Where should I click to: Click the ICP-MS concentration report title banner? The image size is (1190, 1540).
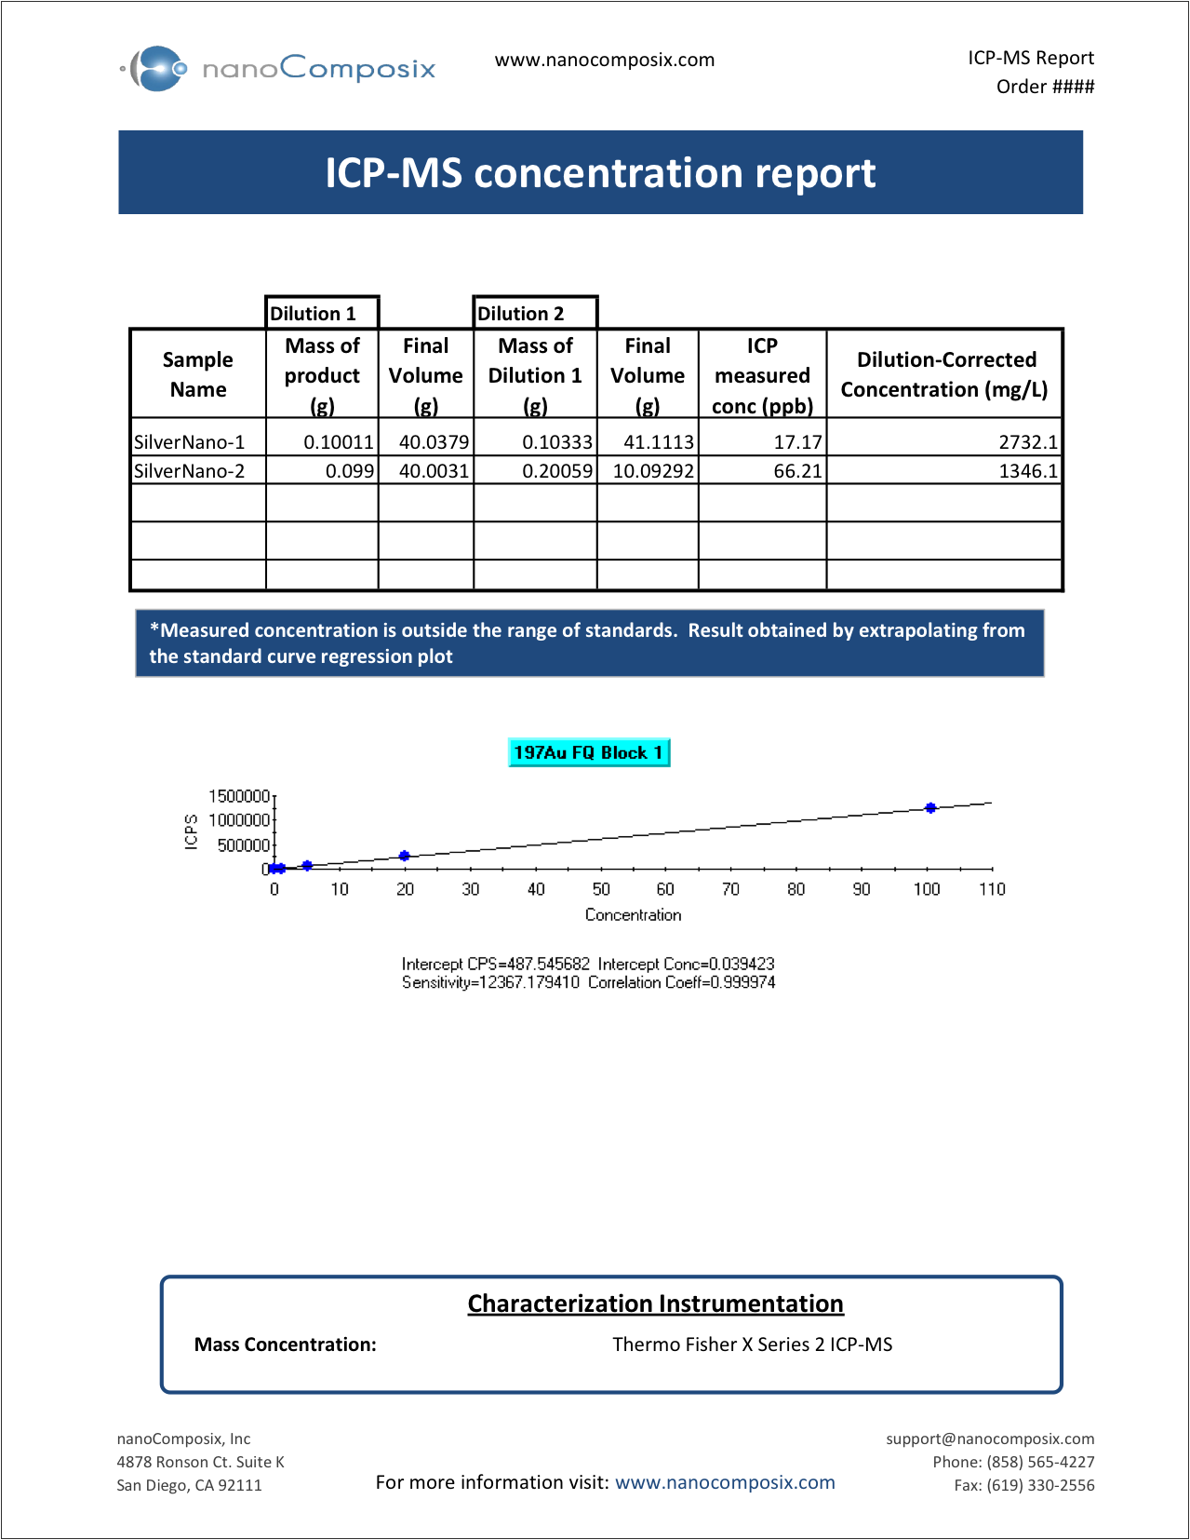[x=600, y=173]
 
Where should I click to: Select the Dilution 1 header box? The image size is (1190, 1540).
[x=321, y=313]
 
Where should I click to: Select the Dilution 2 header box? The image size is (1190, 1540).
[x=534, y=313]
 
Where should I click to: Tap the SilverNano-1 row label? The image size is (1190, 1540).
[x=190, y=441]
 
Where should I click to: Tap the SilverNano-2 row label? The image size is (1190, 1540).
[x=190, y=470]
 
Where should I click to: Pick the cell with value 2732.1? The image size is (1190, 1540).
[x=943, y=441]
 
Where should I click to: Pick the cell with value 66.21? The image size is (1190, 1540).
[x=762, y=470]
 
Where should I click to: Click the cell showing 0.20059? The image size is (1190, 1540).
[x=535, y=470]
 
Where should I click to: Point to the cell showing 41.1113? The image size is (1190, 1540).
[x=648, y=441]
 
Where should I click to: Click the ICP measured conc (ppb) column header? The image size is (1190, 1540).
[x=762, y=375]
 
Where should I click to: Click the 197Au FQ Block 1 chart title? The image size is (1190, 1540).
[x=589, y=752]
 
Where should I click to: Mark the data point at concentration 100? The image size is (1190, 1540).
[x=930, y=807]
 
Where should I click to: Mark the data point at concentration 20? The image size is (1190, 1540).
[x=405, y=856]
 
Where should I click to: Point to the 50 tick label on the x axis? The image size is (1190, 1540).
[x=601, y=889]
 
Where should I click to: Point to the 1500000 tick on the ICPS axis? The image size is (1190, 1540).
[x=239, y=796]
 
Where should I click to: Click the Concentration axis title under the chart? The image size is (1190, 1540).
[x=633, y=915]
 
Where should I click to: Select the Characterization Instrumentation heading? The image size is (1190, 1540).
[x=655, y=1304]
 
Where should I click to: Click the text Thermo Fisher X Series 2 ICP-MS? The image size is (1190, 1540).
[x=752, y=1344]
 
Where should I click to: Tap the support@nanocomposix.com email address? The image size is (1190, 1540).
[x=990, y=1439]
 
